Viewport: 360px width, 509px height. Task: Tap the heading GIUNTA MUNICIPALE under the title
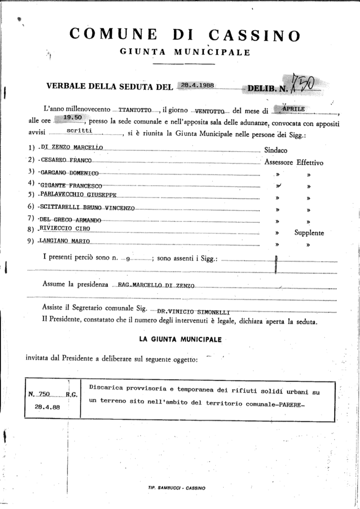[x=185, y=52]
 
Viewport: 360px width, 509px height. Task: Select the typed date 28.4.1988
[x=197, y=85]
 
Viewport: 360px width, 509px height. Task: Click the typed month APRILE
[x=295, y=107]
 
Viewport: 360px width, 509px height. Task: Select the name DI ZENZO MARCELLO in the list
[x=73, y=148]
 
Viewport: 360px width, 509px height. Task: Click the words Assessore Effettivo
[x=294, y=162]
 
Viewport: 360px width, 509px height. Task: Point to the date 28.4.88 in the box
[x=47, y=407]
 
